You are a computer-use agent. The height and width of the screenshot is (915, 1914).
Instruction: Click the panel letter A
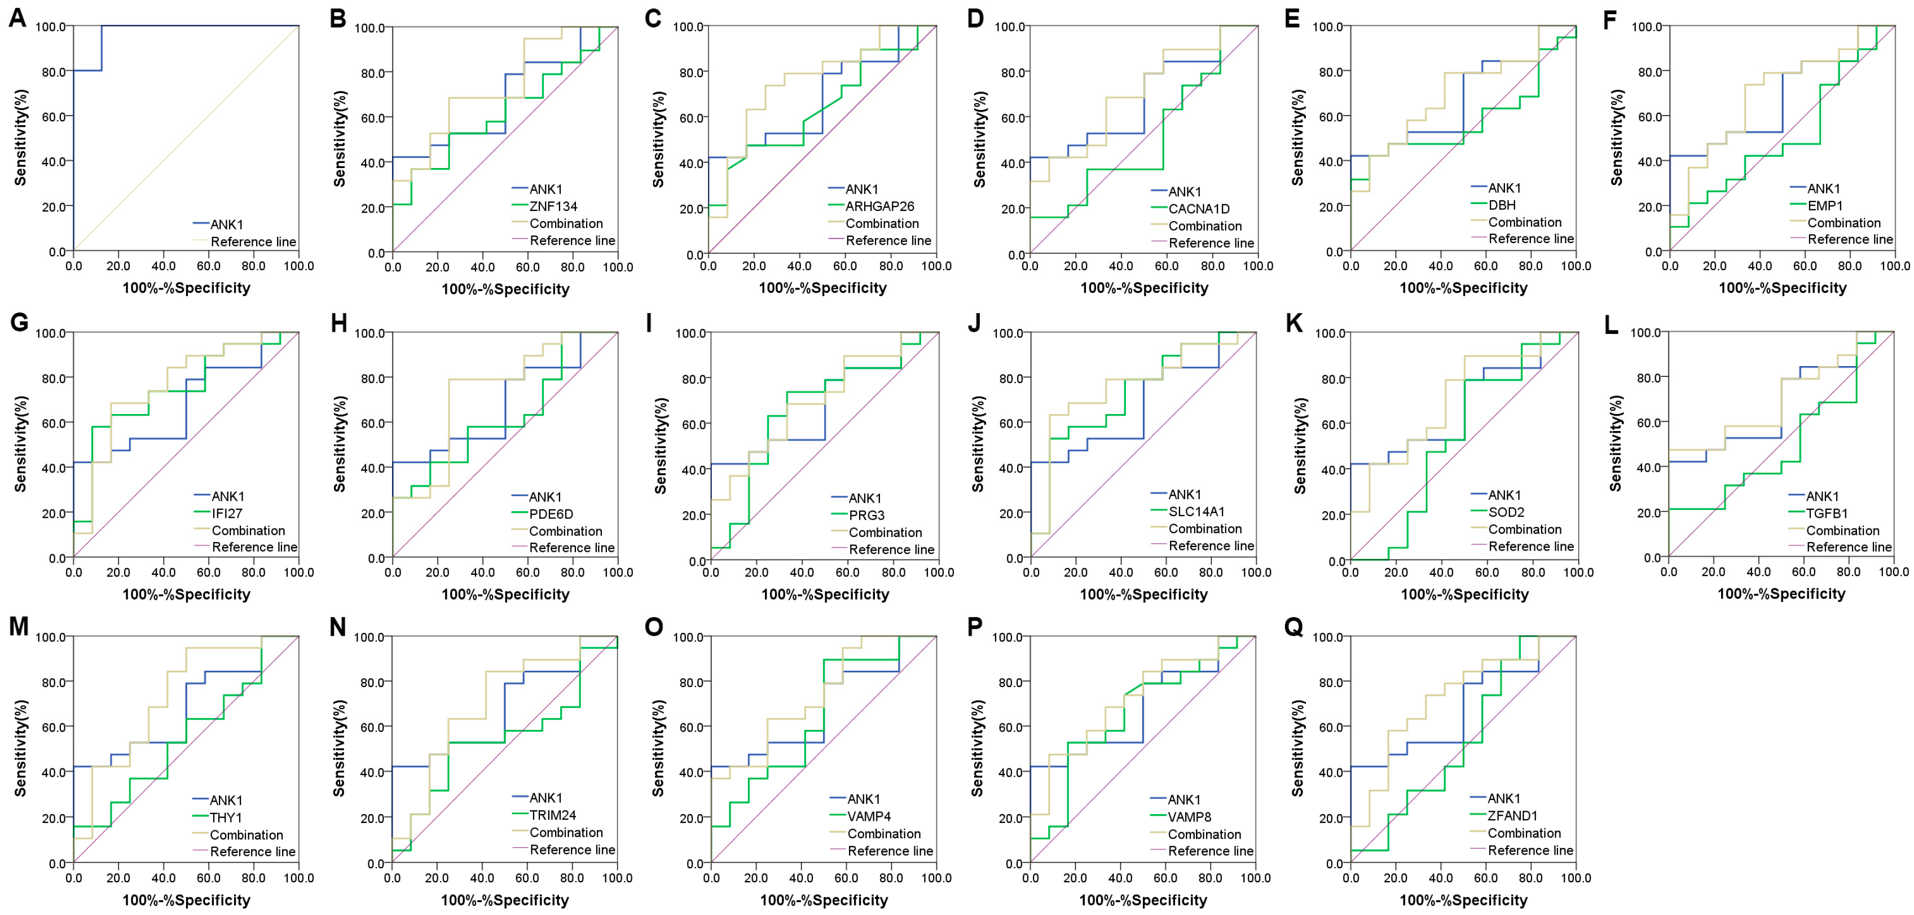pos(17,18)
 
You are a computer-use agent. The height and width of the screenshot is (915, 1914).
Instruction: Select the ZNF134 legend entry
pos(553,206)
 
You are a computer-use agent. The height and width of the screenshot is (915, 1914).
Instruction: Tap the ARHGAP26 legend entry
pos(879,206)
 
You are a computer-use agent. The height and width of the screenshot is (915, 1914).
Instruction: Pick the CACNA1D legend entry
pos(1199,209)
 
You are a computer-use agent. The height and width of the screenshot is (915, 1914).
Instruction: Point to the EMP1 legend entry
pos(1825,206)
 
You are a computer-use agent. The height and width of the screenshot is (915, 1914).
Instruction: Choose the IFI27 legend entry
pos(227,513)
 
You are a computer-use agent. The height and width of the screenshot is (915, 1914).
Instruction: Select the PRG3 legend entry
pos(866,516)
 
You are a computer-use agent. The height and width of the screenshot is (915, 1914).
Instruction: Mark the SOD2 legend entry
pos(1506,513)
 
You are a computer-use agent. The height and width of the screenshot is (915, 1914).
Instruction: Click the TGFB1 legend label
pos(1827,513)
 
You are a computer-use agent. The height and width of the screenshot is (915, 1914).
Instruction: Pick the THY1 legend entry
pos(225,817)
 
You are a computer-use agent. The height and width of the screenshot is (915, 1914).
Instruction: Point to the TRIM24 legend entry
pos(552,815)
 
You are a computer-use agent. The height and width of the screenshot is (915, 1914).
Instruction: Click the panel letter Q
pos(1293,627)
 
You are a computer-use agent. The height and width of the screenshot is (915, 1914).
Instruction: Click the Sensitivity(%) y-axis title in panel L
pos(1616,444)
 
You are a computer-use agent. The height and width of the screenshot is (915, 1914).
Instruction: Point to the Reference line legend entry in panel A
pos(253,241)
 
